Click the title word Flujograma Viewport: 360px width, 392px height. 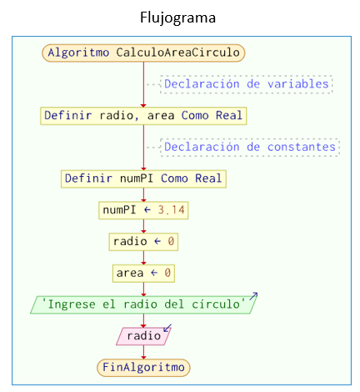tap(177, 18)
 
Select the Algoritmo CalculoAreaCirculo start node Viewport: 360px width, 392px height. tap(143, 53)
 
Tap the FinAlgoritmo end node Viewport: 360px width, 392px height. tap(143, 368)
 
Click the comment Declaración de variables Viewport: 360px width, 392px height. tap(247, 84)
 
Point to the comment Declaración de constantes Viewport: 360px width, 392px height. tap(250, 147)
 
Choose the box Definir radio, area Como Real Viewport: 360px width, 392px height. tap(143, 116)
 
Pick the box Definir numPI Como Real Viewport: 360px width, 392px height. tap(143, 178)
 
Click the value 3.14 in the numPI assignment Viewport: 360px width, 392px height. tap(171, 210)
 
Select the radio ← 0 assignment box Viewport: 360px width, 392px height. tap(143, 242)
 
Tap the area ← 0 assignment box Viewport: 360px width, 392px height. tap(143, 274)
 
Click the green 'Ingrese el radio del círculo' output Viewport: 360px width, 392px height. tap(143, 304)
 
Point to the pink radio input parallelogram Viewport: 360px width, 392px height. tap(143, 336)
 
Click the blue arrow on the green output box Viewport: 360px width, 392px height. tap(253, 296)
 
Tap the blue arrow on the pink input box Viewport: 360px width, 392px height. tap(167, 328)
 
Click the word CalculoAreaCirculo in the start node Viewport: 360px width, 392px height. tap(177, 53)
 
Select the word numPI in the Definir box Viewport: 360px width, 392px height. tap(137, 178)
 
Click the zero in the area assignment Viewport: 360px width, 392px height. tap(167, 273)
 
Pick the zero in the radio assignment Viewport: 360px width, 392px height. tap(171, 241)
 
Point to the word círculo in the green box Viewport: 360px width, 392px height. tap(216, 304)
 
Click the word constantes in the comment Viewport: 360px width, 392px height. tap(302, 147)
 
